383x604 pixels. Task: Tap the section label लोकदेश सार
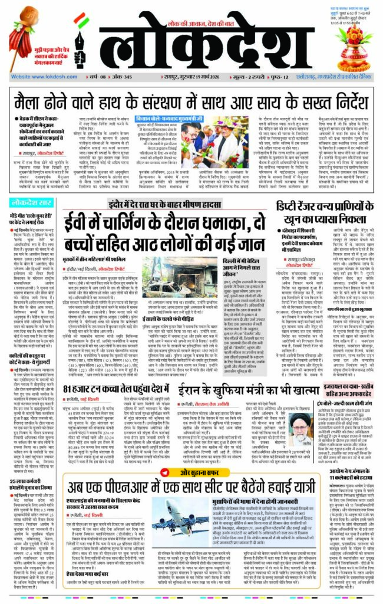[31, 203]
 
